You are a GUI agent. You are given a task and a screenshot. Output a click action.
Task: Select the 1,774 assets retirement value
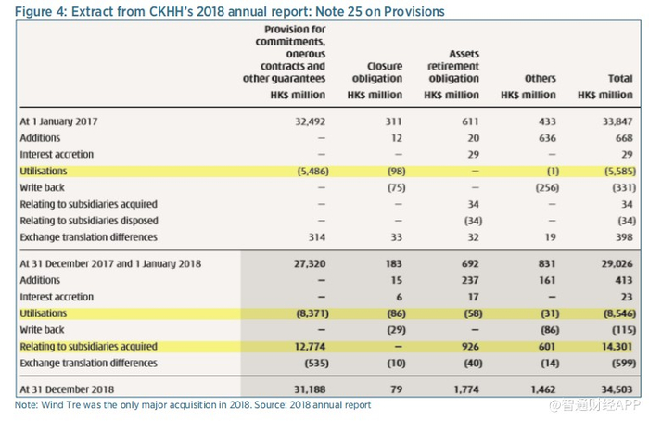(465, 389)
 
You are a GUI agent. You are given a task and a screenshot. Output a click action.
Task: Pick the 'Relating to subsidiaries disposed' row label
(89, 221)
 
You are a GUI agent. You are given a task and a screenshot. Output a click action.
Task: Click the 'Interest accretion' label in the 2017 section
(57, 154)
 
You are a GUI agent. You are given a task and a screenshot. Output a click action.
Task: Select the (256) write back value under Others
(541, 187)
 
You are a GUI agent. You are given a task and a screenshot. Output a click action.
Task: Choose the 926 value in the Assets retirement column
(468, 347)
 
